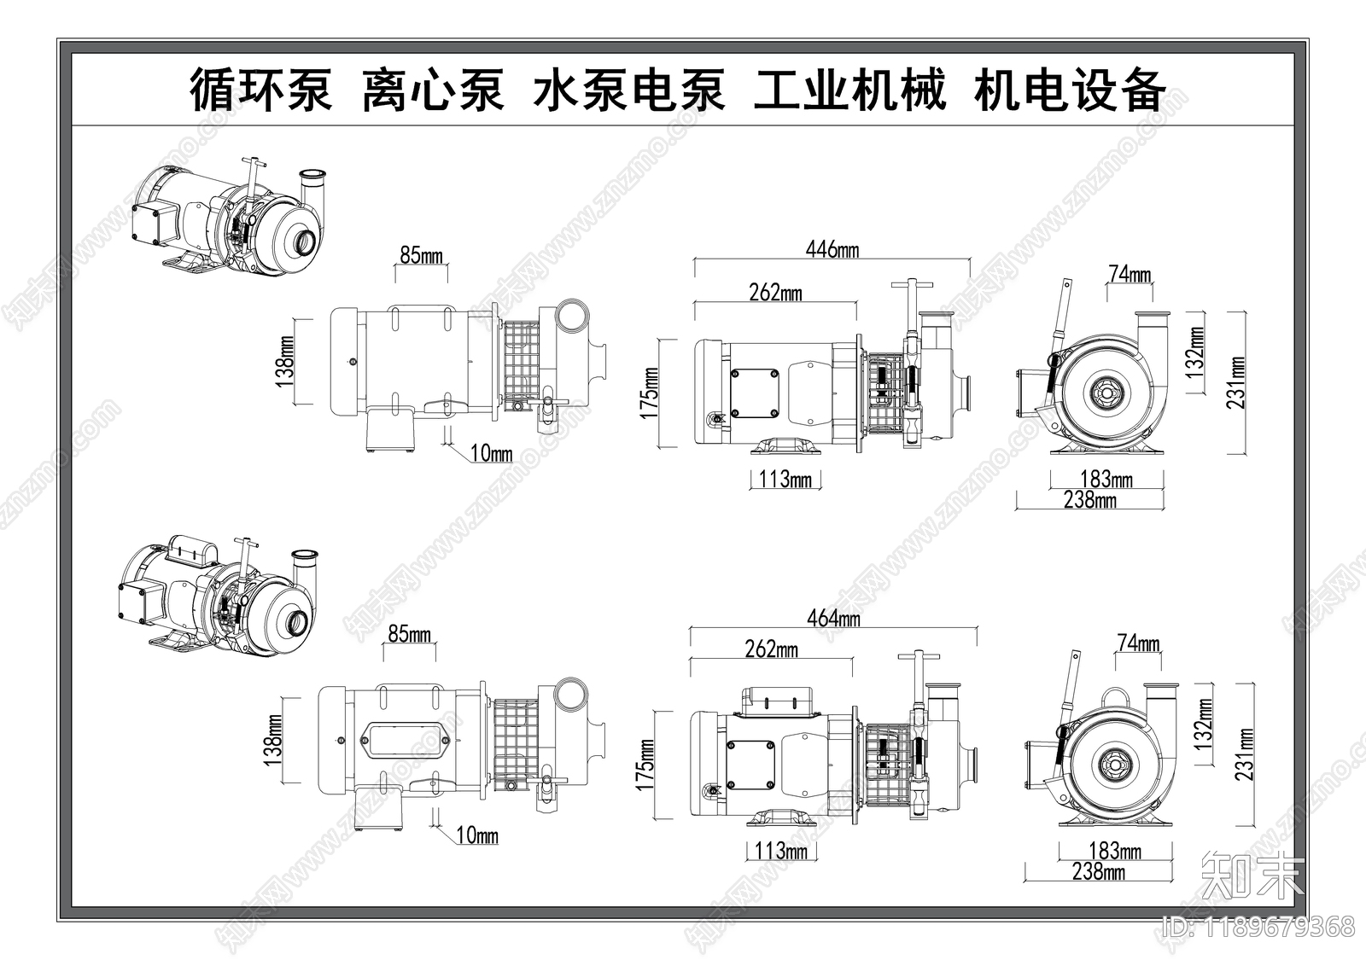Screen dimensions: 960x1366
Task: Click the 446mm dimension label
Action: (832, 250)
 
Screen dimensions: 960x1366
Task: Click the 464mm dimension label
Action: (833, 618)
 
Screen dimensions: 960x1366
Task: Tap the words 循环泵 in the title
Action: (260, 90)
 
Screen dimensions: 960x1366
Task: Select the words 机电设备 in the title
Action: (1069, 90)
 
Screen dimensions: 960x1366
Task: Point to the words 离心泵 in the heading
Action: (433, 90)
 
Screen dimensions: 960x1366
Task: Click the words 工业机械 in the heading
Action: (849, 90)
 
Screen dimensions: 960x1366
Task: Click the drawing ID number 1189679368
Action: (1279, 926)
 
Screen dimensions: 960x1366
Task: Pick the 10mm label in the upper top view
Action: (491, 453)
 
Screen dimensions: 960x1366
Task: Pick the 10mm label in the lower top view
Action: (477, 835)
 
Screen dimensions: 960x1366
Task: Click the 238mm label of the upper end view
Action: (1089, 500)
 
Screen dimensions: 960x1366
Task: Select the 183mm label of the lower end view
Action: (1115, 851)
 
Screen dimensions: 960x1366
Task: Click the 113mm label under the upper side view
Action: (785, 479)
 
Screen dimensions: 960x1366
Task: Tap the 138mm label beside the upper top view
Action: (285, 362)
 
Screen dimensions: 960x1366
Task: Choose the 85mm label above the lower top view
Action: (409, 634)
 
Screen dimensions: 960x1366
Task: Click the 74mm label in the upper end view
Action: (1129, 275)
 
